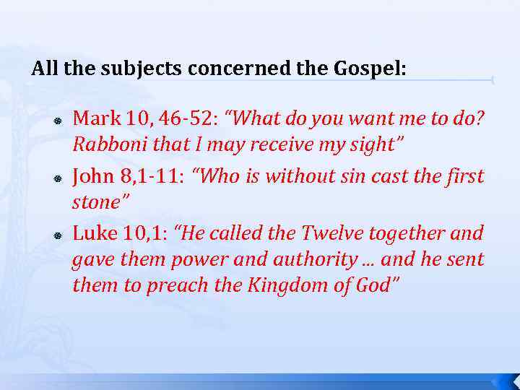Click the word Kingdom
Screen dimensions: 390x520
click(285, 285)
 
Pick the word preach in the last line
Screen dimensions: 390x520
click(178, 285)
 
